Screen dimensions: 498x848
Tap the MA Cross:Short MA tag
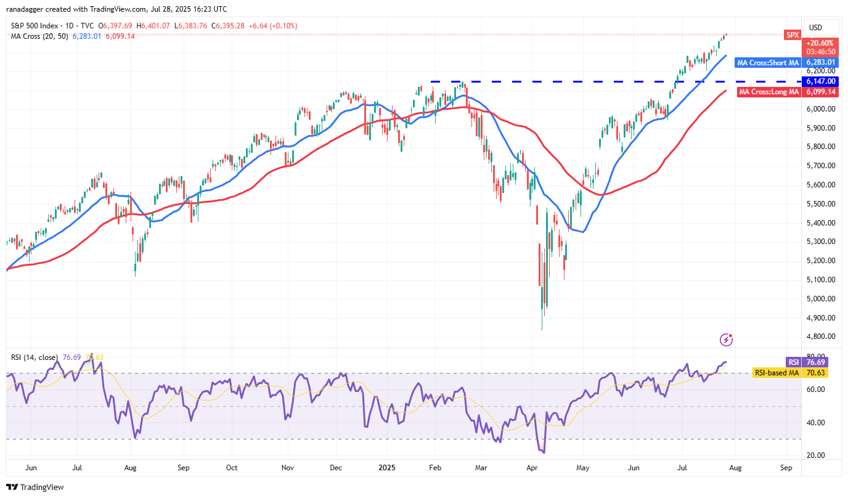coord(768,62)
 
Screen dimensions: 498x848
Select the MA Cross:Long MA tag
coord(768,92)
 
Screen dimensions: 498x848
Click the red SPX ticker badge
coord(792,35)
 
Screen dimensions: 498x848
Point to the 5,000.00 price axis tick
coord(820,299)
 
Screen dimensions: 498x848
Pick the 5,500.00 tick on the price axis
coord(820,204)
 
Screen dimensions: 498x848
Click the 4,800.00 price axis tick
coord(820,337)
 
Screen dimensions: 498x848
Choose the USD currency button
coord(815,27)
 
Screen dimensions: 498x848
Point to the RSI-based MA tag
coord(777,372)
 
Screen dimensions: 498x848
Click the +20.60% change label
coord(820,43)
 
